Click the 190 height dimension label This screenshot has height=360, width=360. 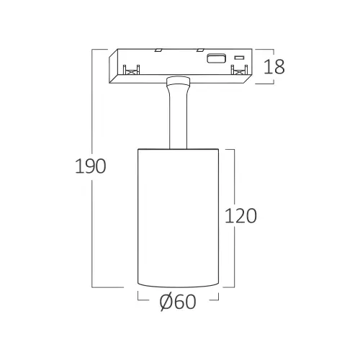click(91, 166)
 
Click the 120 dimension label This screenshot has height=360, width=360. click(240, 216)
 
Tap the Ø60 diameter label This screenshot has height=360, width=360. click(178, 302)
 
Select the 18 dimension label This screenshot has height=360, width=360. click(274, 66)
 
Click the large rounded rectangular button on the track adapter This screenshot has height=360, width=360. click(217, 58)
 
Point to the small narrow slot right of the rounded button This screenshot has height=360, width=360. click(239, 58)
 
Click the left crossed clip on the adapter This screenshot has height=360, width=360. click(131, 71)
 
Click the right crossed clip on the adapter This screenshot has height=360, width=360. click(239, 71)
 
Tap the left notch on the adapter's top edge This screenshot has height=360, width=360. click(158, 50)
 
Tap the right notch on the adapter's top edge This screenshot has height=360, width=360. click(200, 50)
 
